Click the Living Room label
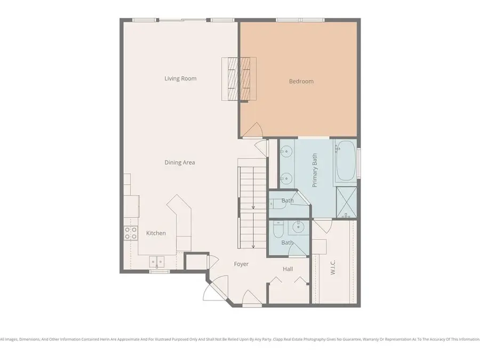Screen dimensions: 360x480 point(180,79)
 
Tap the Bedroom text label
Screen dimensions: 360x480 point(301,82)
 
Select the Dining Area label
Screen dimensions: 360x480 point(180,163)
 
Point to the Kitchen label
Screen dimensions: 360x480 point(156,233)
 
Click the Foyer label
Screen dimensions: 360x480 point(241,264)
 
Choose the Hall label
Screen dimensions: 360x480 point(288,269)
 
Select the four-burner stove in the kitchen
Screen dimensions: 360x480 point(131,233)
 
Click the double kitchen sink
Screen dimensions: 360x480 point(157,261)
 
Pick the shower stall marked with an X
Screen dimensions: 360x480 point(346,203)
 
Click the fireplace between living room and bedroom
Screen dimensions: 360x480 point(239,78)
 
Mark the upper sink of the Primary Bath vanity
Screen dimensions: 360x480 point(286,151)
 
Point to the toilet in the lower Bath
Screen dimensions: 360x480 point(277,230)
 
